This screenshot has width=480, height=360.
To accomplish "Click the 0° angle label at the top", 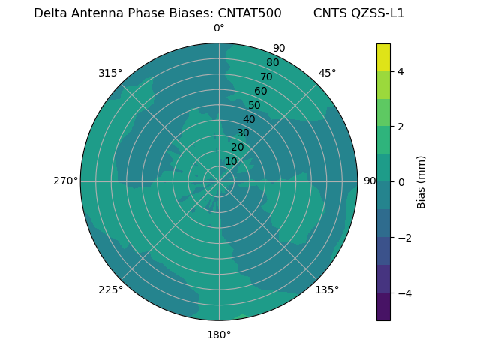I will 219,28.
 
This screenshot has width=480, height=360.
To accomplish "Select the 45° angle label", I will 327,73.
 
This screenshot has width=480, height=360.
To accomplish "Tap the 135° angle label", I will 327,289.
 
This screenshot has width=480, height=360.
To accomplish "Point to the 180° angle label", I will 219,334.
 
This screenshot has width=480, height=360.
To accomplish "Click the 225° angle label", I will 110,289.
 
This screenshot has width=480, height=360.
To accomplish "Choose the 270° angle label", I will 65,181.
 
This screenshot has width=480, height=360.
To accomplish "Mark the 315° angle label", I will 110,73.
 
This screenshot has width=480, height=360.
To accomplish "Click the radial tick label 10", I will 231,161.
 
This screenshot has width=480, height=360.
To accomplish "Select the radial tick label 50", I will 254,106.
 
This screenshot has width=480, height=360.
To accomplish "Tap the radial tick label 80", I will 272,63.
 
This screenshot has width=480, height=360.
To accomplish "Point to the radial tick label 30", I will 243,133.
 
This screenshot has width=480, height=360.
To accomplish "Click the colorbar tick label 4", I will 400,71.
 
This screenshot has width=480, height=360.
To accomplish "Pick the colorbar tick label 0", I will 400,182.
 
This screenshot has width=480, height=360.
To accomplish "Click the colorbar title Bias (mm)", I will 421,182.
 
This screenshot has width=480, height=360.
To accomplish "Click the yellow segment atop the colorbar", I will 383,57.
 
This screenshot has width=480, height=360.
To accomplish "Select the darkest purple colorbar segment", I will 383,307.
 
